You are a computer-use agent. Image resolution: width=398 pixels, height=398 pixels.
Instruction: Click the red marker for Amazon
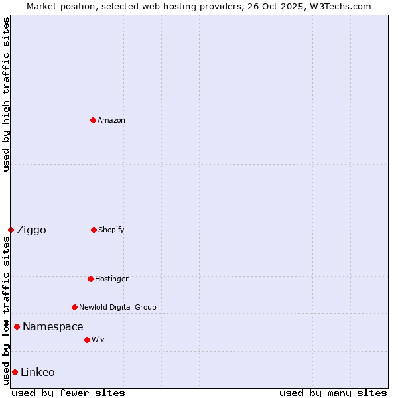93,120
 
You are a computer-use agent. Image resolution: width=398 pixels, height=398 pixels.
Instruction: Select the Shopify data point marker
94,230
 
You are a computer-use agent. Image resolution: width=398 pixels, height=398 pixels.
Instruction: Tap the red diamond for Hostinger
90,279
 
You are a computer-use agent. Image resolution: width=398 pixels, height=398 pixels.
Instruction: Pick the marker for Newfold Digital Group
74,307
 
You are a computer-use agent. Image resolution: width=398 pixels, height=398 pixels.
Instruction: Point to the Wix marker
87,340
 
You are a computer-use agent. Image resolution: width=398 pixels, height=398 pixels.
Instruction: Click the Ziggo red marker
11,230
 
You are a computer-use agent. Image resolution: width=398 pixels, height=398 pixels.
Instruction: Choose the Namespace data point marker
17,326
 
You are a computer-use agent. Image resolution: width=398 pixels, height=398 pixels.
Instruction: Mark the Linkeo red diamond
15,372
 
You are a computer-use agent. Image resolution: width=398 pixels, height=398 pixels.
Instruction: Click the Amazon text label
111,120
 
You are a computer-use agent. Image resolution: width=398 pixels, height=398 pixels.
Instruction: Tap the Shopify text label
111,230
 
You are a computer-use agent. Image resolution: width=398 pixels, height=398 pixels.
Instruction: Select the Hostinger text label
111,279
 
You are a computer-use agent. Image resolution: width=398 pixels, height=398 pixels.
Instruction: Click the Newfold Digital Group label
117,307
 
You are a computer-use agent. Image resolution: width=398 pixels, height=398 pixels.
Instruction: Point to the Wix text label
98,340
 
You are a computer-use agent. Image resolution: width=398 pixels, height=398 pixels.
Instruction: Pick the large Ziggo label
31,230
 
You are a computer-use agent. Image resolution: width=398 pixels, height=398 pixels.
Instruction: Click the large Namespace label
53,326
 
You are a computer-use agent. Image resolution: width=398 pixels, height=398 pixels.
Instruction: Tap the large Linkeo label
38,372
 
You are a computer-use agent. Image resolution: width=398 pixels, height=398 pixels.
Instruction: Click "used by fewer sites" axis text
68,393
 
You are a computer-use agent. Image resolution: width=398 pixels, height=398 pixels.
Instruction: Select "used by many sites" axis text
333,393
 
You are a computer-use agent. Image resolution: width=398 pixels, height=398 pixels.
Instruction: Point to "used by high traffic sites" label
6,94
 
